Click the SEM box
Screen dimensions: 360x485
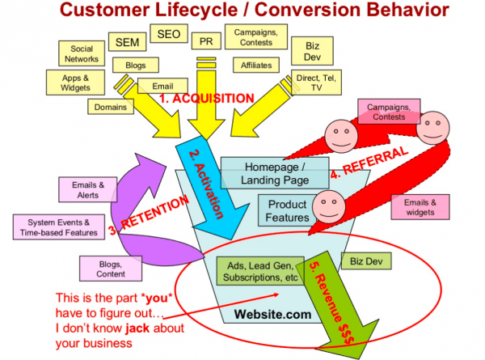(x=127, y=42)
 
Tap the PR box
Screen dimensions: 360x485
(x=206, y=38)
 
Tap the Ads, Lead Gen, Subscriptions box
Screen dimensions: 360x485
(x=256, y=269)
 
